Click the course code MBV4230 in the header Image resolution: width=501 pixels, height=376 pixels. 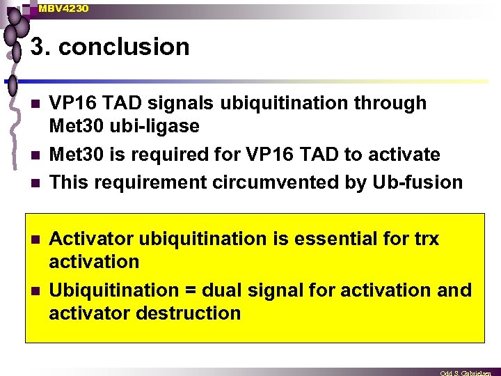pos(63,8)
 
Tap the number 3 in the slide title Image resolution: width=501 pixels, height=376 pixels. pos(38,47)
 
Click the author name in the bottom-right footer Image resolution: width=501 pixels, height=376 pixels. pos(466,373)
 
